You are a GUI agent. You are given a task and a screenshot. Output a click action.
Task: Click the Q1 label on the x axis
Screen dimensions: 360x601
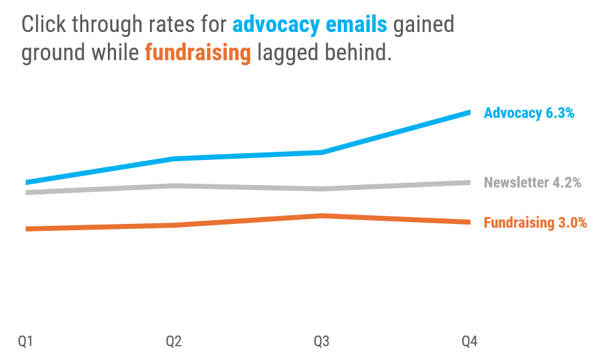click(x=25, y=341)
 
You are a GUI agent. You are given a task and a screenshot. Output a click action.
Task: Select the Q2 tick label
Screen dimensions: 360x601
click(x=174, y=341)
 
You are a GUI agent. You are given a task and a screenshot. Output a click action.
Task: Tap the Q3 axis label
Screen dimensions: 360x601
click(x=322, y=341)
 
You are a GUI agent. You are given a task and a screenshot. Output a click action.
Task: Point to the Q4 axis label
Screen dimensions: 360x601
click(x=470, y=341)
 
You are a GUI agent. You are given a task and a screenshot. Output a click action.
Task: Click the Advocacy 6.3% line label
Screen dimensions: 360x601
click(x=529, y=113)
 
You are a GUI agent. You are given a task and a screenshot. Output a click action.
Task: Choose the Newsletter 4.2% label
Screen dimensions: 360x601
click(x=532, y=183)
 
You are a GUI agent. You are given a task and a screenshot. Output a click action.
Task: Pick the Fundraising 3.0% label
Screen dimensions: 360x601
click(x=535, y=223)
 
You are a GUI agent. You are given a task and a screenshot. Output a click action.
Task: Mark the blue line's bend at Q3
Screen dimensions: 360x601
click(x=322, y=152)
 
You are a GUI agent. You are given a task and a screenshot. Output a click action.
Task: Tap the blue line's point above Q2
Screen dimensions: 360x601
click(x=174, y=159)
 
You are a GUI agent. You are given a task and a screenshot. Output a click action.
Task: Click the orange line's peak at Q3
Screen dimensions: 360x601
click(x=322, y=216)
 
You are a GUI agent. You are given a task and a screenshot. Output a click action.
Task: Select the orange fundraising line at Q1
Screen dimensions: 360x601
click(x=27, y=229)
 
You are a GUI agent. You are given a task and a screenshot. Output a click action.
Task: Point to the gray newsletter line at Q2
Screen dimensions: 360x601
click(x=174, y=186)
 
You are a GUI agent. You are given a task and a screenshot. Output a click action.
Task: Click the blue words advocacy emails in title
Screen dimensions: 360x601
click(x=310, y=25)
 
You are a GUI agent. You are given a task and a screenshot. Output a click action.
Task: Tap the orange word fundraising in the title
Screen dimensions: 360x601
click(x=198, y=53)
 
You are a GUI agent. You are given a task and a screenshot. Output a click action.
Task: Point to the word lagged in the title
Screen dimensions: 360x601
click(x=285, y=53)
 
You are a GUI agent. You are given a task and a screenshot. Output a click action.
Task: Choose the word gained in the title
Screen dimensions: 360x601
click(x=423, y=25)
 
